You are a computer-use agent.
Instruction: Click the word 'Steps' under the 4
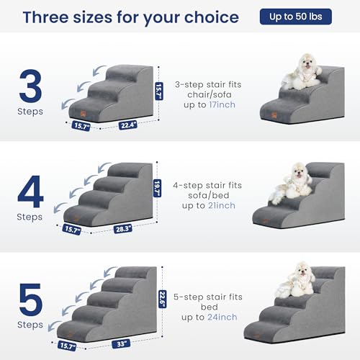coord(31,215)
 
